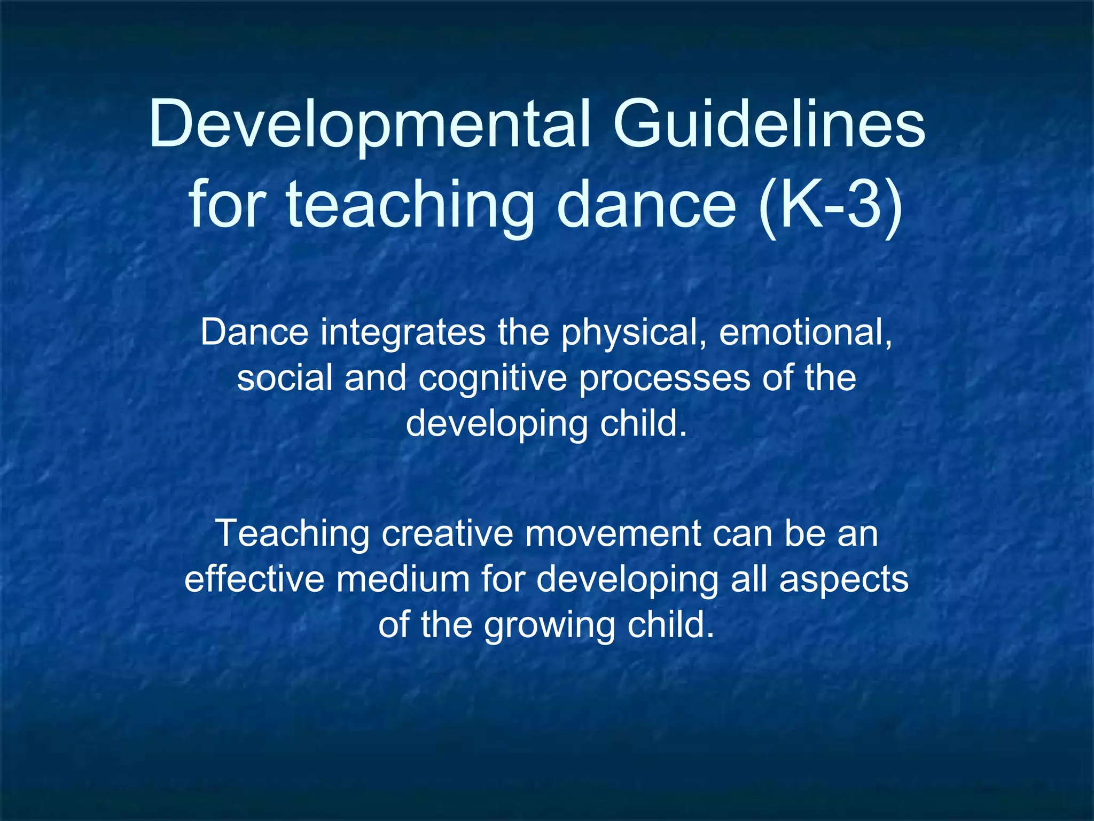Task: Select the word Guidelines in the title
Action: point(769,124)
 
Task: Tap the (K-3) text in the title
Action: point(831,206)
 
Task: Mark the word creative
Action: point(446,533)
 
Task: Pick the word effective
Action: point(254,579)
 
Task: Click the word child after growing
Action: point(670,624)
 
